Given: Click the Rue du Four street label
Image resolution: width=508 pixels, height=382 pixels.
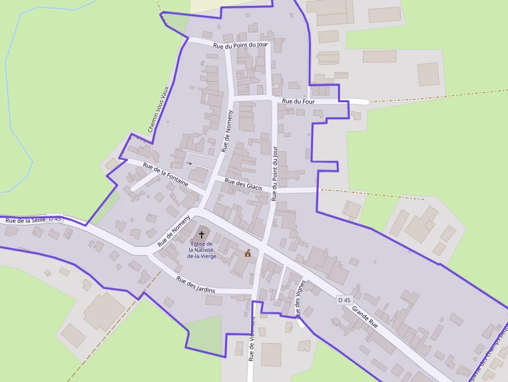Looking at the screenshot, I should (x=298, y=101).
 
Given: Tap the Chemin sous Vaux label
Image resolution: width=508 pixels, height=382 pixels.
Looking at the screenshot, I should (x=159, y=109).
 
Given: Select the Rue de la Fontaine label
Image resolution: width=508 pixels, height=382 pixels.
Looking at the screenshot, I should (x=165, y=175).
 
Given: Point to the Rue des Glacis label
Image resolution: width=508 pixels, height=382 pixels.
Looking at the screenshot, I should (x=244, y=183).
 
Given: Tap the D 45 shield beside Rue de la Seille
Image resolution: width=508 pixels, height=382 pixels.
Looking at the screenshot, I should (x=54, y=219).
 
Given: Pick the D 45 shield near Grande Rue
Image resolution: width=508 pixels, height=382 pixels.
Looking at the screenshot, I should (x=344, y=300).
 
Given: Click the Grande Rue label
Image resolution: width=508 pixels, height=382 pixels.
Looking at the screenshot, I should (x=365, y=317).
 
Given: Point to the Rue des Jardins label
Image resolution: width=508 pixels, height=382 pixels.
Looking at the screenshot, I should (x=195, y=284).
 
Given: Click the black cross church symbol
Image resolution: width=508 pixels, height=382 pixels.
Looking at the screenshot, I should (x=202, y=235).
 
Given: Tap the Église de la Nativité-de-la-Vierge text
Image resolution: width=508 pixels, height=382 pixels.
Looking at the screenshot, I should (x=202, y=250).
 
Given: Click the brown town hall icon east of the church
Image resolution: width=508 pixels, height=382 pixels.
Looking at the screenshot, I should (x=248, y=253).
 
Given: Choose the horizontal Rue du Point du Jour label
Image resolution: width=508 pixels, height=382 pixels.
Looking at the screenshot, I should (x=241, y=45).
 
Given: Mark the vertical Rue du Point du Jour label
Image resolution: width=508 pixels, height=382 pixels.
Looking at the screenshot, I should (x=275, y=174).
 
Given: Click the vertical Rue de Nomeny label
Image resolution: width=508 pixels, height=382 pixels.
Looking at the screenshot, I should (x=227, y=131).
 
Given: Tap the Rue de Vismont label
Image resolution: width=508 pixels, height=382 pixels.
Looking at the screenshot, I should (x=251, y=339).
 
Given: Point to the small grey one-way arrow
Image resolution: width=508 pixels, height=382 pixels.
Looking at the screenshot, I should (x=190, y=163).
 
